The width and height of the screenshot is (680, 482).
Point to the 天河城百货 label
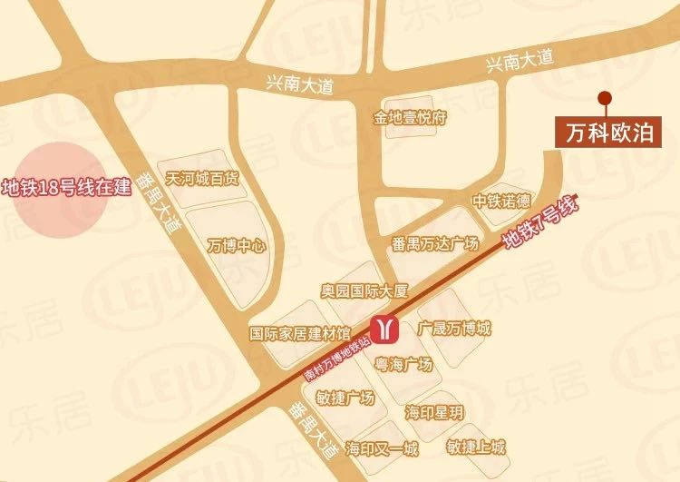coord(202,179)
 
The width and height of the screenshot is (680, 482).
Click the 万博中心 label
coord(236,245)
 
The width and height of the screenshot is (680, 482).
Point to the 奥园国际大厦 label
coord(365,293)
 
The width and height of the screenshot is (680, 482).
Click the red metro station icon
coord(385,330)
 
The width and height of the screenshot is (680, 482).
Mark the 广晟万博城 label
coord(454,327)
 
